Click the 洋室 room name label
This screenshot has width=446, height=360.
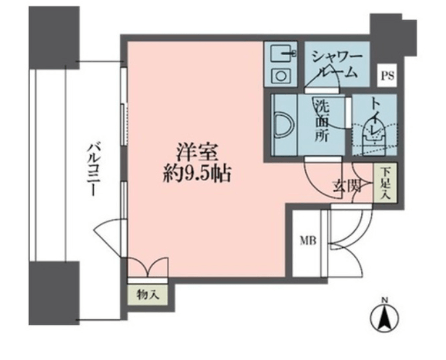(x=198, y=153)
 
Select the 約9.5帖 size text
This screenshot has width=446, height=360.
(x=197, y=173)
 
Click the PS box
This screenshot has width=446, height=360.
(x=387, y=76)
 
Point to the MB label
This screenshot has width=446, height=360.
(x=308, y=242)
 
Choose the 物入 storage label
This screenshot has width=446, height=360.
(x=148, y=294)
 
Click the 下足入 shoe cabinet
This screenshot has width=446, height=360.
(x=385, y=183)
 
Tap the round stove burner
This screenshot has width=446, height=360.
(x=281, y=76)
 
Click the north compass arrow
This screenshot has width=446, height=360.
(x=384, y=317)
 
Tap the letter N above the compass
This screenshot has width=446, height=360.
(x=384, y=299)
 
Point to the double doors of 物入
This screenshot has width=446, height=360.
(x=148, y=267)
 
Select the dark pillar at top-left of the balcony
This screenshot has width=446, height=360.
(x=54, y=37)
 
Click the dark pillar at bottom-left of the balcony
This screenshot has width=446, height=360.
(x=54, y=293)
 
